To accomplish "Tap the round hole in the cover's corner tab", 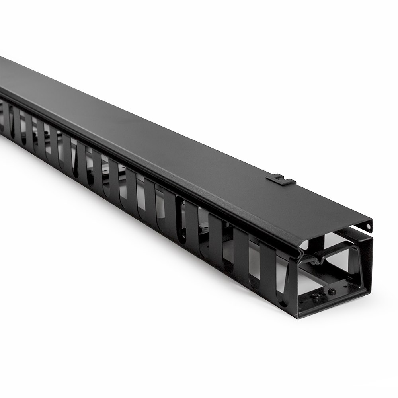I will (x=369, y=226).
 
